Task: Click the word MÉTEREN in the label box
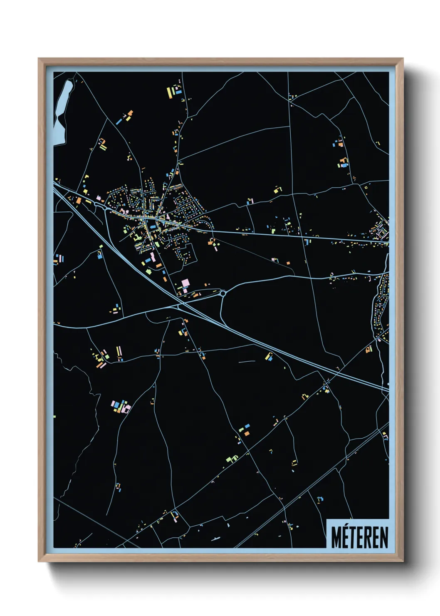pyautogui.click(x=360, y=537)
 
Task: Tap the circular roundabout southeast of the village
pyautogui.click(x=223, y=293)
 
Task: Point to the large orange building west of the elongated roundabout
pyautogui.click(x=78, y=201)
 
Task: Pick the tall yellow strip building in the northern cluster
pyautogui.click(x=169, y=92)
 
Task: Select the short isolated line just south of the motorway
pyautogui.click(x=247, y=361)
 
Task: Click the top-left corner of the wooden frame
pyautogui.click(x=38, y=59)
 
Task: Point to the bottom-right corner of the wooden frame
pyautogui.click(x=403, y=561)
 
